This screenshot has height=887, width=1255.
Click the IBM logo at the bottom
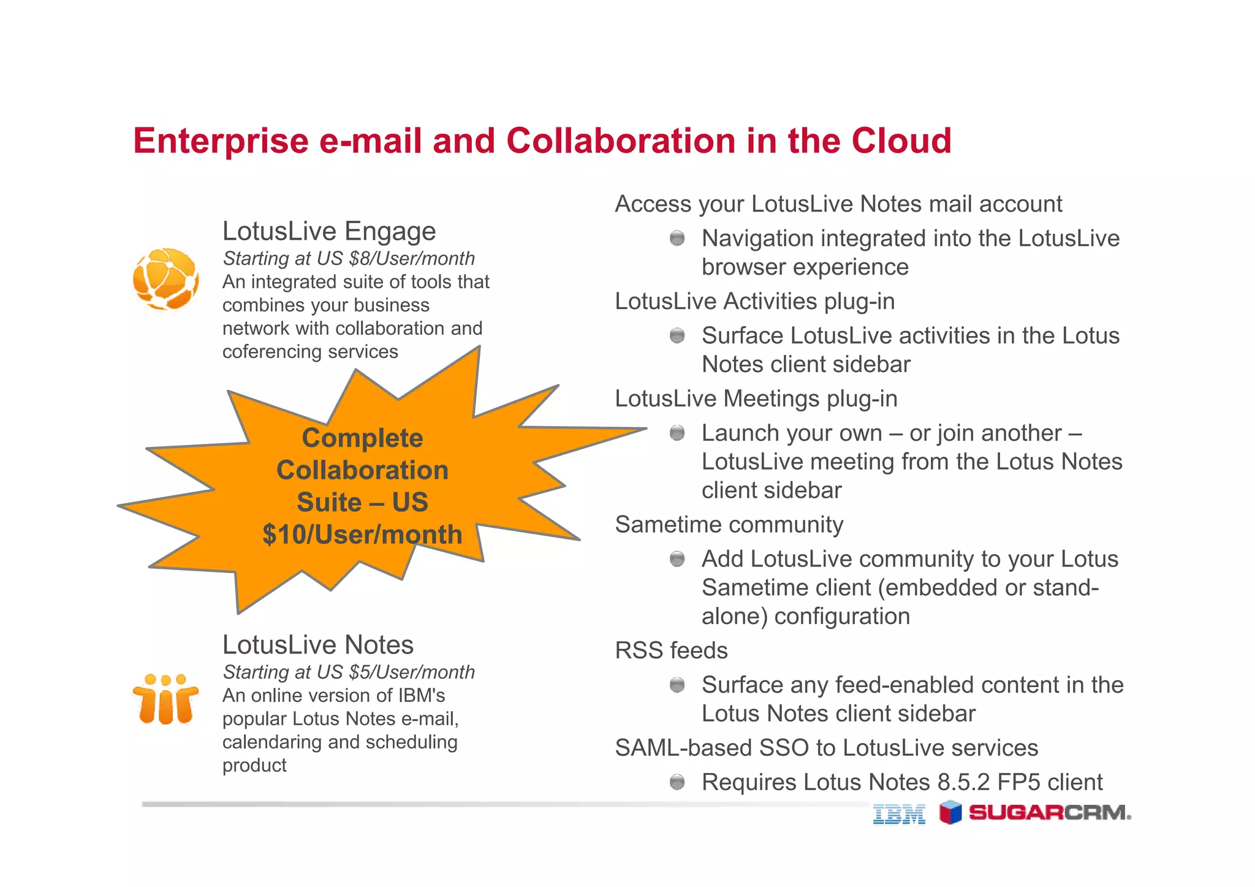click(x=898, y=813)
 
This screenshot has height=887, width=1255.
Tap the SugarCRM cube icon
click(x=950, y=812)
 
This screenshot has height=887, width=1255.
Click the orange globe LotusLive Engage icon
click(x=165, y=278)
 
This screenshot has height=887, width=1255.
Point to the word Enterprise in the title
click(x=221, y=140)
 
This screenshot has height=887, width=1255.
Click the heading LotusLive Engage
click(x=329, y=231)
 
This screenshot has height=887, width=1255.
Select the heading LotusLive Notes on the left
click(x=318, y=645)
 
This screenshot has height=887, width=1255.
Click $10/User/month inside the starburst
click(x=362, y=535)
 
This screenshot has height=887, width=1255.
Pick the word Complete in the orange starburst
click(x=362, y=438)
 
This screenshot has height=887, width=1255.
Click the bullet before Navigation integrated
click(x=677, y=238)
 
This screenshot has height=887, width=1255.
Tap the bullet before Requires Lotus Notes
click(x=677, y=782)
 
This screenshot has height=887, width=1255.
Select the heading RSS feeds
click(x=671, y=650)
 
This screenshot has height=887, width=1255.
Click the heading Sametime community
click(x=729, y=525)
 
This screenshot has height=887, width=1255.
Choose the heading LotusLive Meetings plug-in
click(x=756, y=399)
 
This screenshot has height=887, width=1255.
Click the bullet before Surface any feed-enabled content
click(x=677, y=684)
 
